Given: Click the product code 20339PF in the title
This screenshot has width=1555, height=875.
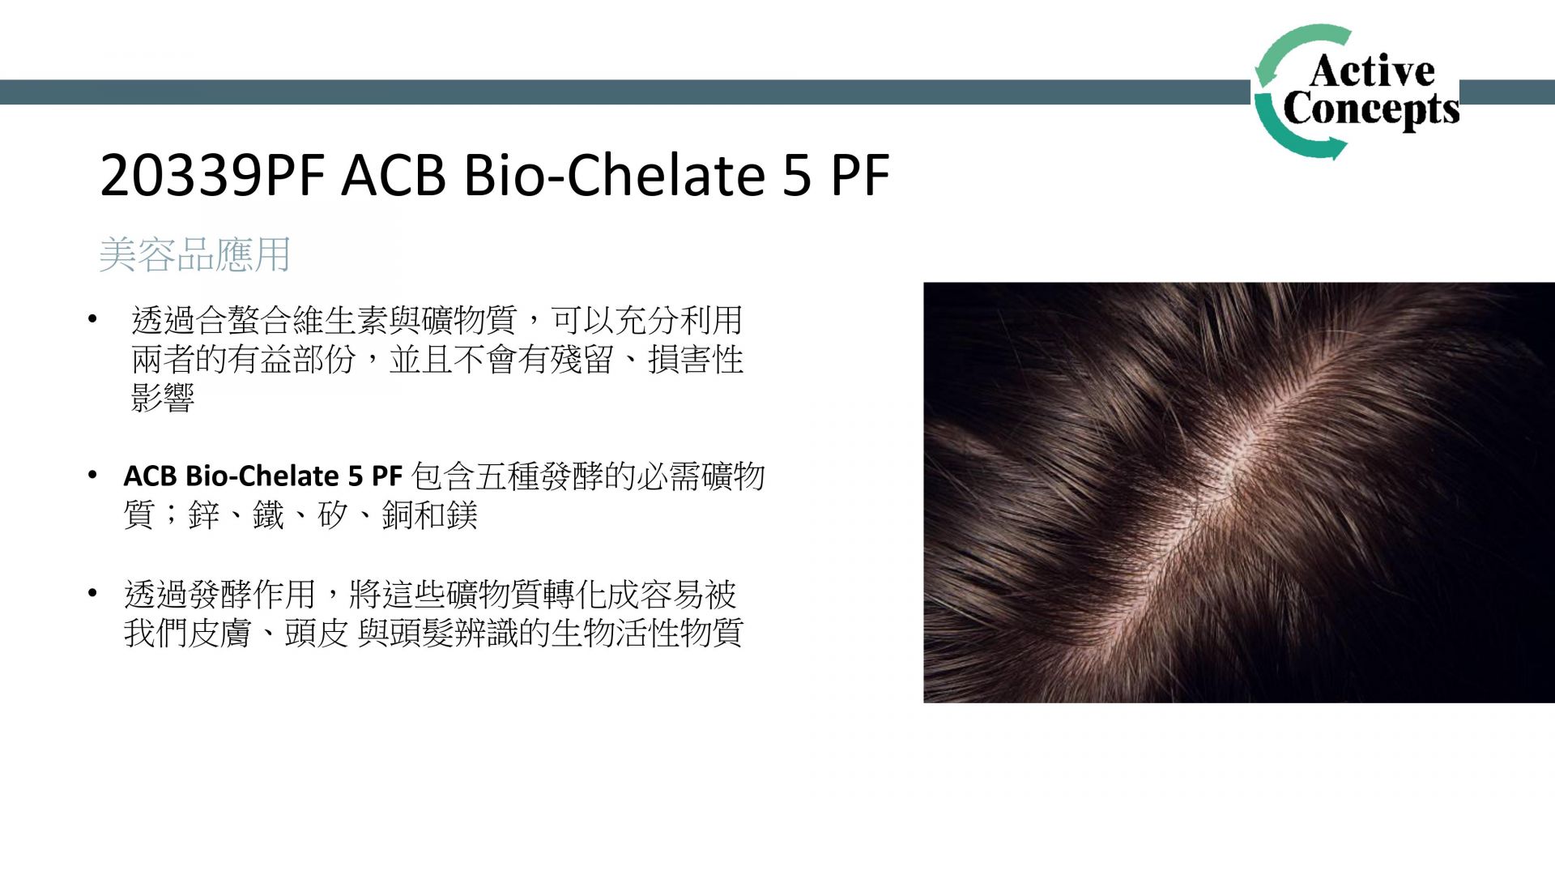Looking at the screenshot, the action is click(x=212, y=175).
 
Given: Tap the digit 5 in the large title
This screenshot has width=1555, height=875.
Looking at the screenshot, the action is click(x=797, y=176).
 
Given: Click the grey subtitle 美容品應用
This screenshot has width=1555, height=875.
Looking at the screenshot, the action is click(x=194, y=254).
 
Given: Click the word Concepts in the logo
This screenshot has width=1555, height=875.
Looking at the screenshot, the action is click(x=1371, y=109).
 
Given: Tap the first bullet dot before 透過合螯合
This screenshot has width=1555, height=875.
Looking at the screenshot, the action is click(x=93, y=318).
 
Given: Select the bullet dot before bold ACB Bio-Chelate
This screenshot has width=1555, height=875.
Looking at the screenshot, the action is click(x=93, y=475).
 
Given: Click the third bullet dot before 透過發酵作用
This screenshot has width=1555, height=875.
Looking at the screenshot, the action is click(x=93, y=594).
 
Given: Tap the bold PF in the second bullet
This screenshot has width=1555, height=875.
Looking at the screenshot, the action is click(x=387, y=476).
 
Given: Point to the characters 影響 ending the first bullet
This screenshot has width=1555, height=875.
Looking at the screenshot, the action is click(x=163, y=398).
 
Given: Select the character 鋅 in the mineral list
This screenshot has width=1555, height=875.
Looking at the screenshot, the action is click(x=203, y=515).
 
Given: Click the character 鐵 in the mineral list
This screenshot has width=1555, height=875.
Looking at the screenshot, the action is click(x=268, y=515).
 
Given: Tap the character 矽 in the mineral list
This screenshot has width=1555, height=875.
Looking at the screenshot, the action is click(x=333, y=515).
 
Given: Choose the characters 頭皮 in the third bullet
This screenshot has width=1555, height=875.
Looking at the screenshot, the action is click(x=317, y=634).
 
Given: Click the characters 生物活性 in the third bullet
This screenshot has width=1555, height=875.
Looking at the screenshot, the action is click(x=615, y=634).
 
